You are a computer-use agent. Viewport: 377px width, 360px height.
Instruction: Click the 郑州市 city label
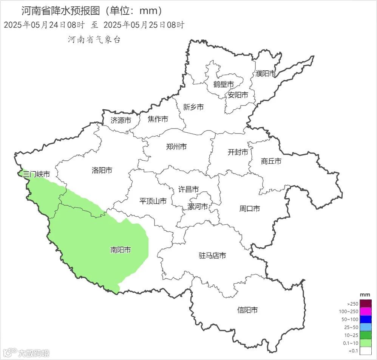176,147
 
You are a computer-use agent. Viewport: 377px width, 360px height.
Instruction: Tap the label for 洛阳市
102,171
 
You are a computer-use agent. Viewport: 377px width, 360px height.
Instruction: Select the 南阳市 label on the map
121,250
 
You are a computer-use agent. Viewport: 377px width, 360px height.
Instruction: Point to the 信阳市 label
247,310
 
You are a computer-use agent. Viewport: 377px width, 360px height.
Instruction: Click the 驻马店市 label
212,256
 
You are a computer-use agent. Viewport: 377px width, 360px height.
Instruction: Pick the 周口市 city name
250,208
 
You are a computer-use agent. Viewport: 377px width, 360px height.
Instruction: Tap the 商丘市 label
271,161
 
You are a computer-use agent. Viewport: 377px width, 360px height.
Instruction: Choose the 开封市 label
238,152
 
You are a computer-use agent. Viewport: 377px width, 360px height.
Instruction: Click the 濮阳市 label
266,74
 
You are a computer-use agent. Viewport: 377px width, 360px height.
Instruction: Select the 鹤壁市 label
223,84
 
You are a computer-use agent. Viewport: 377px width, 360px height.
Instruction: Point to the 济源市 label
121,121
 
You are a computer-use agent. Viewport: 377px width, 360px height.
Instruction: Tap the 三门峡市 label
36,174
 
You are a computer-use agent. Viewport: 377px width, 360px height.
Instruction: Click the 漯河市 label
198,207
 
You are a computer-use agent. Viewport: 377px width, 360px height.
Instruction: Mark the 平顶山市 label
153,201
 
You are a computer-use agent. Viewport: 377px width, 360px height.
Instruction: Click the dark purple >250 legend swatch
365,304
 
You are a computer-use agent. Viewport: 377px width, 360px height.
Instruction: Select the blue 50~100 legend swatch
365,320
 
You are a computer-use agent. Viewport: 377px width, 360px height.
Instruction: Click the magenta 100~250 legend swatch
365,312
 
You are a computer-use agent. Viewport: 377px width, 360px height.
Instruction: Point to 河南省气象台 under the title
94,40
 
